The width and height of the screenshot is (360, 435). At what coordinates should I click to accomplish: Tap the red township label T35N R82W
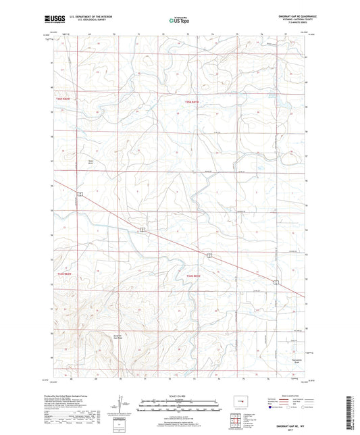(x=63, y=100)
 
